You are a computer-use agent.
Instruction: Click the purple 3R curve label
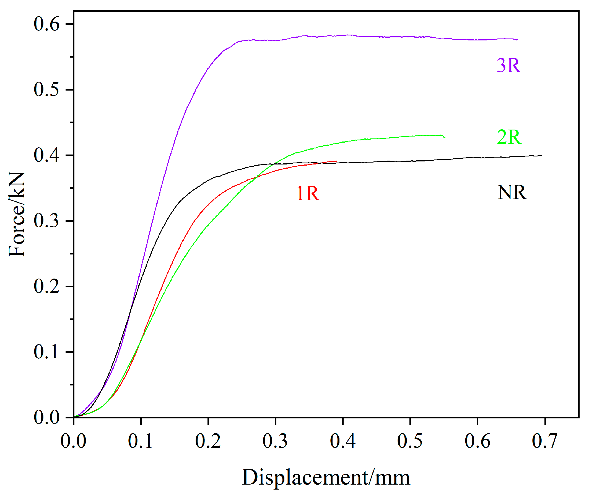[508, 66]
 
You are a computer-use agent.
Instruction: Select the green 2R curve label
[509, 137]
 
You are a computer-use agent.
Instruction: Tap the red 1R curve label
[308, 193]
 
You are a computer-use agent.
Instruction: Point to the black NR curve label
[512, 192]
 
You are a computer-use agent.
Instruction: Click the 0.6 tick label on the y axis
[46, 24]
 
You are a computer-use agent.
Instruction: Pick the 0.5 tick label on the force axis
[46, 90]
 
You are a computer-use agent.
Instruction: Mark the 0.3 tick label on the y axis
[46, 221]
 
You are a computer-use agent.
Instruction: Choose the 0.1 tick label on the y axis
[46, 352]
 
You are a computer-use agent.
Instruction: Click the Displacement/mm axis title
[326, 477]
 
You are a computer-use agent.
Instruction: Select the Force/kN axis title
[17, 215]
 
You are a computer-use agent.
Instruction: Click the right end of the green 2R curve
[445, 137]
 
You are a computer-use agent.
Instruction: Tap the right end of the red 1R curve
[336, 161]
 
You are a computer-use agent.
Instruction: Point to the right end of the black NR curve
[541, 156]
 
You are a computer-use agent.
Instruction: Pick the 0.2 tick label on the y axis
[46, 286]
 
